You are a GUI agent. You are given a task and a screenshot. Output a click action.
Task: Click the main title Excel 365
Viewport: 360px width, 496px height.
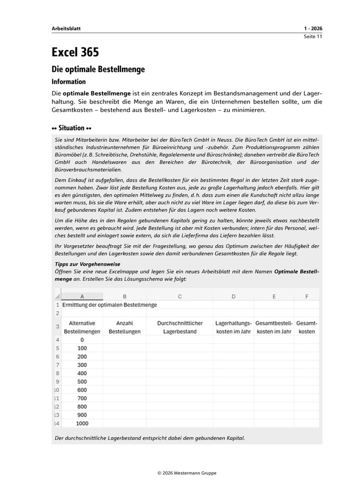coord(75,52)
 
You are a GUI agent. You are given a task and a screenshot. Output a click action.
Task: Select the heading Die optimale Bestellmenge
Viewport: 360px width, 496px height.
coord(98,69)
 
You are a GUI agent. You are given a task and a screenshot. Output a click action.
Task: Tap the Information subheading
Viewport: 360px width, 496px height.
coord(68,82)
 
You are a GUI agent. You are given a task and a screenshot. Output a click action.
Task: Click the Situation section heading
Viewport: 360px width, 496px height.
coord(71,128)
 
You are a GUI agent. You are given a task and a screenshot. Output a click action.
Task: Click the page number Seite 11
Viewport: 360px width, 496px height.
coord(313,37)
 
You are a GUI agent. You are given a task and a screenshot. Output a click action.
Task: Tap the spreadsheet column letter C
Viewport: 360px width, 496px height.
coord(179,296)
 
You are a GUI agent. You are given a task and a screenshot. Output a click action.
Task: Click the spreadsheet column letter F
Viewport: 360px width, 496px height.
coord(306,296)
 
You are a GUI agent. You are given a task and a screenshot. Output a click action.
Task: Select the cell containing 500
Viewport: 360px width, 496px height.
coord(82,381)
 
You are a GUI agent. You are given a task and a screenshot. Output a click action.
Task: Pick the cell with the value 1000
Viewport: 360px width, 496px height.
coord(82,423)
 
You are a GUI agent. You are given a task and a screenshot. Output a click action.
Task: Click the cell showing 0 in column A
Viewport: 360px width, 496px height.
coord(82,339)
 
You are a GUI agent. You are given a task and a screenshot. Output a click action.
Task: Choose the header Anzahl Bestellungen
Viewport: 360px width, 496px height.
coord(124,327)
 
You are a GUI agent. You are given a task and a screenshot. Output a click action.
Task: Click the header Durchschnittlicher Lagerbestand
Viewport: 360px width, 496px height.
coord(179,327)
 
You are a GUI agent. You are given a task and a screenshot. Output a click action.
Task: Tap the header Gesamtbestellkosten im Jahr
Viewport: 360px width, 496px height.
coord(273,327)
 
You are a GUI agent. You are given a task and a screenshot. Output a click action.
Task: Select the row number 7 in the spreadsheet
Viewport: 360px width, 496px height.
coord(57,365)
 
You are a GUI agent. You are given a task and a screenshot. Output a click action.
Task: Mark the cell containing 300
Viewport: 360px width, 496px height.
coord(82,365)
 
